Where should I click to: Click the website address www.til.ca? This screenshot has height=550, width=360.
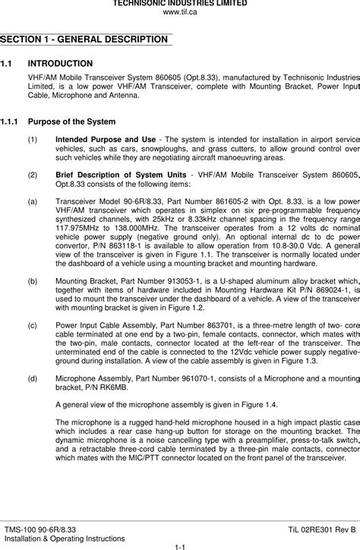180,12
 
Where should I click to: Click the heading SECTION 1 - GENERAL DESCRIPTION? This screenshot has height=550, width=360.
84,39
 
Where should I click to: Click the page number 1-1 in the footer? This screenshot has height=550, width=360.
180,545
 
